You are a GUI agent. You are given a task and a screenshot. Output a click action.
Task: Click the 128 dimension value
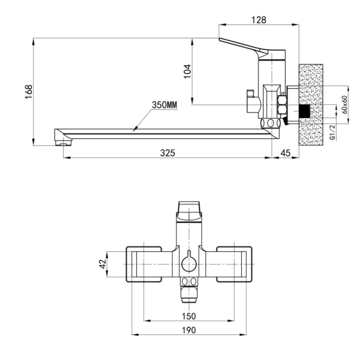(x=259, y=20)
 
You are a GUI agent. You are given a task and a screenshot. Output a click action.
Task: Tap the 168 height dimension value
(x=29, y=92)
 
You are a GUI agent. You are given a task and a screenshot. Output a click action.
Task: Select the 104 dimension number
(x=188, y=71)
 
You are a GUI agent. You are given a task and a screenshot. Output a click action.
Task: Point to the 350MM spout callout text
(x=165, y=105)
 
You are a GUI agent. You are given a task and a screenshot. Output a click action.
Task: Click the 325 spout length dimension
(x=168, y=153)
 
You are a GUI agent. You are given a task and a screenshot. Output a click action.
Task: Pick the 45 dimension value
(x=285, y=153)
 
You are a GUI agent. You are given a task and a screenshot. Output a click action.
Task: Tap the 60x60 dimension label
(x=345, y=105)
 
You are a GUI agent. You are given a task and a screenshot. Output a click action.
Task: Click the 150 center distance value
(x=189, y=316)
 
